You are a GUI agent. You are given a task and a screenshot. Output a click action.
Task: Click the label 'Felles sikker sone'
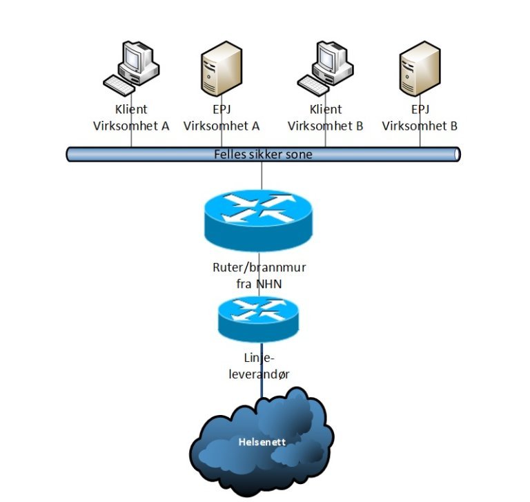tap(263, 154)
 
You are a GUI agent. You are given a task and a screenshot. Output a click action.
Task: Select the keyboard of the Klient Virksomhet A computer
tap(119, 86)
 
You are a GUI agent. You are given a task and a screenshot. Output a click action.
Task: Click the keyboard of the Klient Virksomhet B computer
tap(313, 86)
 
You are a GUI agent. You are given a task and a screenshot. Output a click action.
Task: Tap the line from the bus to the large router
tap(262, 177)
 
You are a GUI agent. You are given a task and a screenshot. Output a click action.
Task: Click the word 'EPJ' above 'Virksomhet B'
tap(420, 110)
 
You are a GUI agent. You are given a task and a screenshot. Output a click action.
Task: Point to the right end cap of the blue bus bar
tap(456, 154)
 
